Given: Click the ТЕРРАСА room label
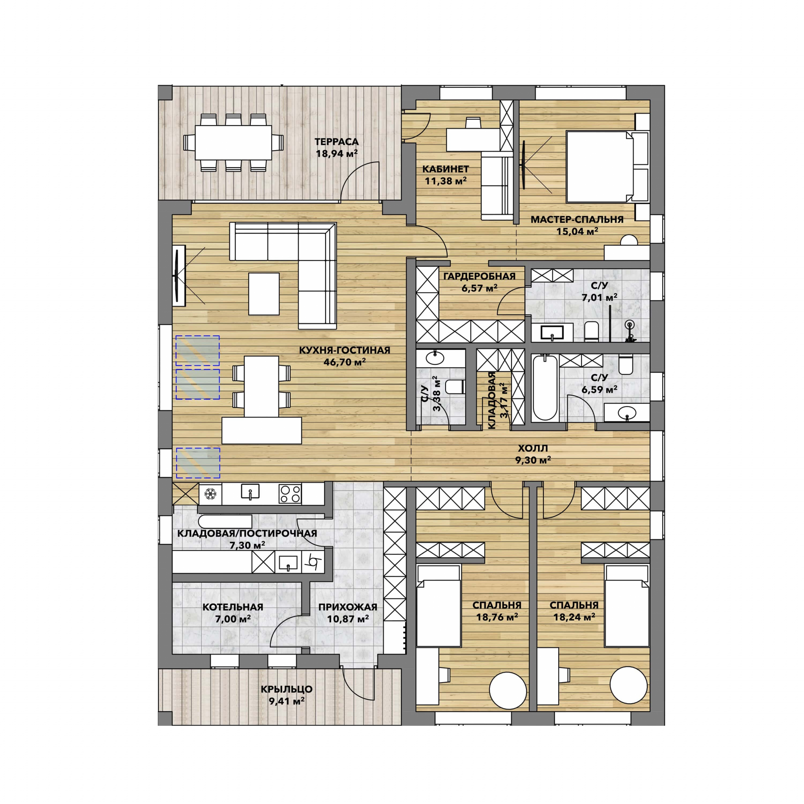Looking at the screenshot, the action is pyautogui.click(x=336, y=142).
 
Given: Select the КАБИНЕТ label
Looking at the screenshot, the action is pyautogui.click(x=445, y=169).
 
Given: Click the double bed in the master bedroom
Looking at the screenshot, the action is pyautogui.click(x=607, y=167).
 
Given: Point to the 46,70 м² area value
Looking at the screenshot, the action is pyautogui.click(x=345, y=362).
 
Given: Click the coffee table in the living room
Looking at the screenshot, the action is pyautogui.click(x=264, y=294).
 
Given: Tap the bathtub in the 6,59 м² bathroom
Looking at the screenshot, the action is pyautogui.click(x=545, y=388).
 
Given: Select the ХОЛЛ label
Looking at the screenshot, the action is pyautogui.click(x=533, y=449).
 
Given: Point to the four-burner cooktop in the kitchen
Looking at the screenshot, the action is pyautogui.click(x=290, y=494).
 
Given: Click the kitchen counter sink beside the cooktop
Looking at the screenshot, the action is pyautogui.click(x=250, y=492).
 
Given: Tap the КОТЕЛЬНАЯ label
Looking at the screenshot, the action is pyautogui.click(x=233, y=607).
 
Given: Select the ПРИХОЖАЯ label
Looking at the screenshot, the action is pyautogui.click(x=347, y=607).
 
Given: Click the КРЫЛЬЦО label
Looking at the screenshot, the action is pyautogui.click(x=286, y=689).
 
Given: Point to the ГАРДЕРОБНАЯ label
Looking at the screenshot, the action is pyautogui.click(x=479, y=276).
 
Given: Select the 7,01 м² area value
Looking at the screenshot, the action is pyautogui.click(x=599, y=297).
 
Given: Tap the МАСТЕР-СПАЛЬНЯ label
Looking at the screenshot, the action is pyautogui.click(x=577, y=220).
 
